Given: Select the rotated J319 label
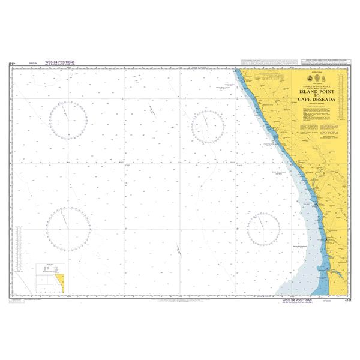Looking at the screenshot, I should click(12, 62).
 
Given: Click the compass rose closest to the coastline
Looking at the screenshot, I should click(263, 227).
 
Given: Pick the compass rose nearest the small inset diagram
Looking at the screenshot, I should click(68, 228).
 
